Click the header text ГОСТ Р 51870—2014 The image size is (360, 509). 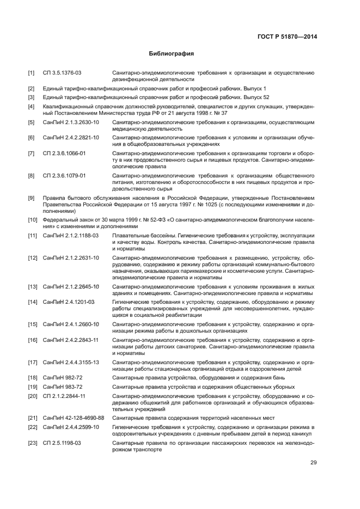288,36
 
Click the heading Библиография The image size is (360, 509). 172,54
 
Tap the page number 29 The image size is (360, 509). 313,463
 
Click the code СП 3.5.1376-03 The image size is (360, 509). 63,72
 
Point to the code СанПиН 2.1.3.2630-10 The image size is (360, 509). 71,122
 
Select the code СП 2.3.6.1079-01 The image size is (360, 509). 65,176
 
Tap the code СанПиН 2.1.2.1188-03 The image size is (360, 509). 71,235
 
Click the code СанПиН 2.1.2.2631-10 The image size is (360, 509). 71,257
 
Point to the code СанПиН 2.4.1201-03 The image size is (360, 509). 69,302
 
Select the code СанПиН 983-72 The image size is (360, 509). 62,387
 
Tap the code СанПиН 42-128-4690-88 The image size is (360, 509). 74,418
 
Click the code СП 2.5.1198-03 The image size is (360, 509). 62,443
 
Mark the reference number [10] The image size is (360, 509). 32,220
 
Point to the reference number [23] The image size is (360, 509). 32,443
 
